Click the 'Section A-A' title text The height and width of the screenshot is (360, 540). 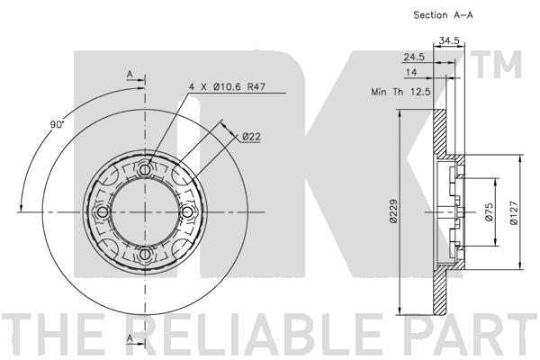point(443,15)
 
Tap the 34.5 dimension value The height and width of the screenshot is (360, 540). point(449,40)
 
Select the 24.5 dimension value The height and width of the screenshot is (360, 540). point(414,57)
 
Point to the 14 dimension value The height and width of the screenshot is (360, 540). point(411,72)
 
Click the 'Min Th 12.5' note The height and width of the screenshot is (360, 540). point(400,92)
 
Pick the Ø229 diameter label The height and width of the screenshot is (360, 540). point(394,211)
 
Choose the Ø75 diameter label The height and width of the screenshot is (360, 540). point(489,211)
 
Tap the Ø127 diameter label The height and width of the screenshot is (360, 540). point(514,212)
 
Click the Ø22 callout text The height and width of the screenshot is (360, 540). point(251,137)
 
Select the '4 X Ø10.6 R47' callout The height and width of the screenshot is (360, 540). point(228,86)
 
